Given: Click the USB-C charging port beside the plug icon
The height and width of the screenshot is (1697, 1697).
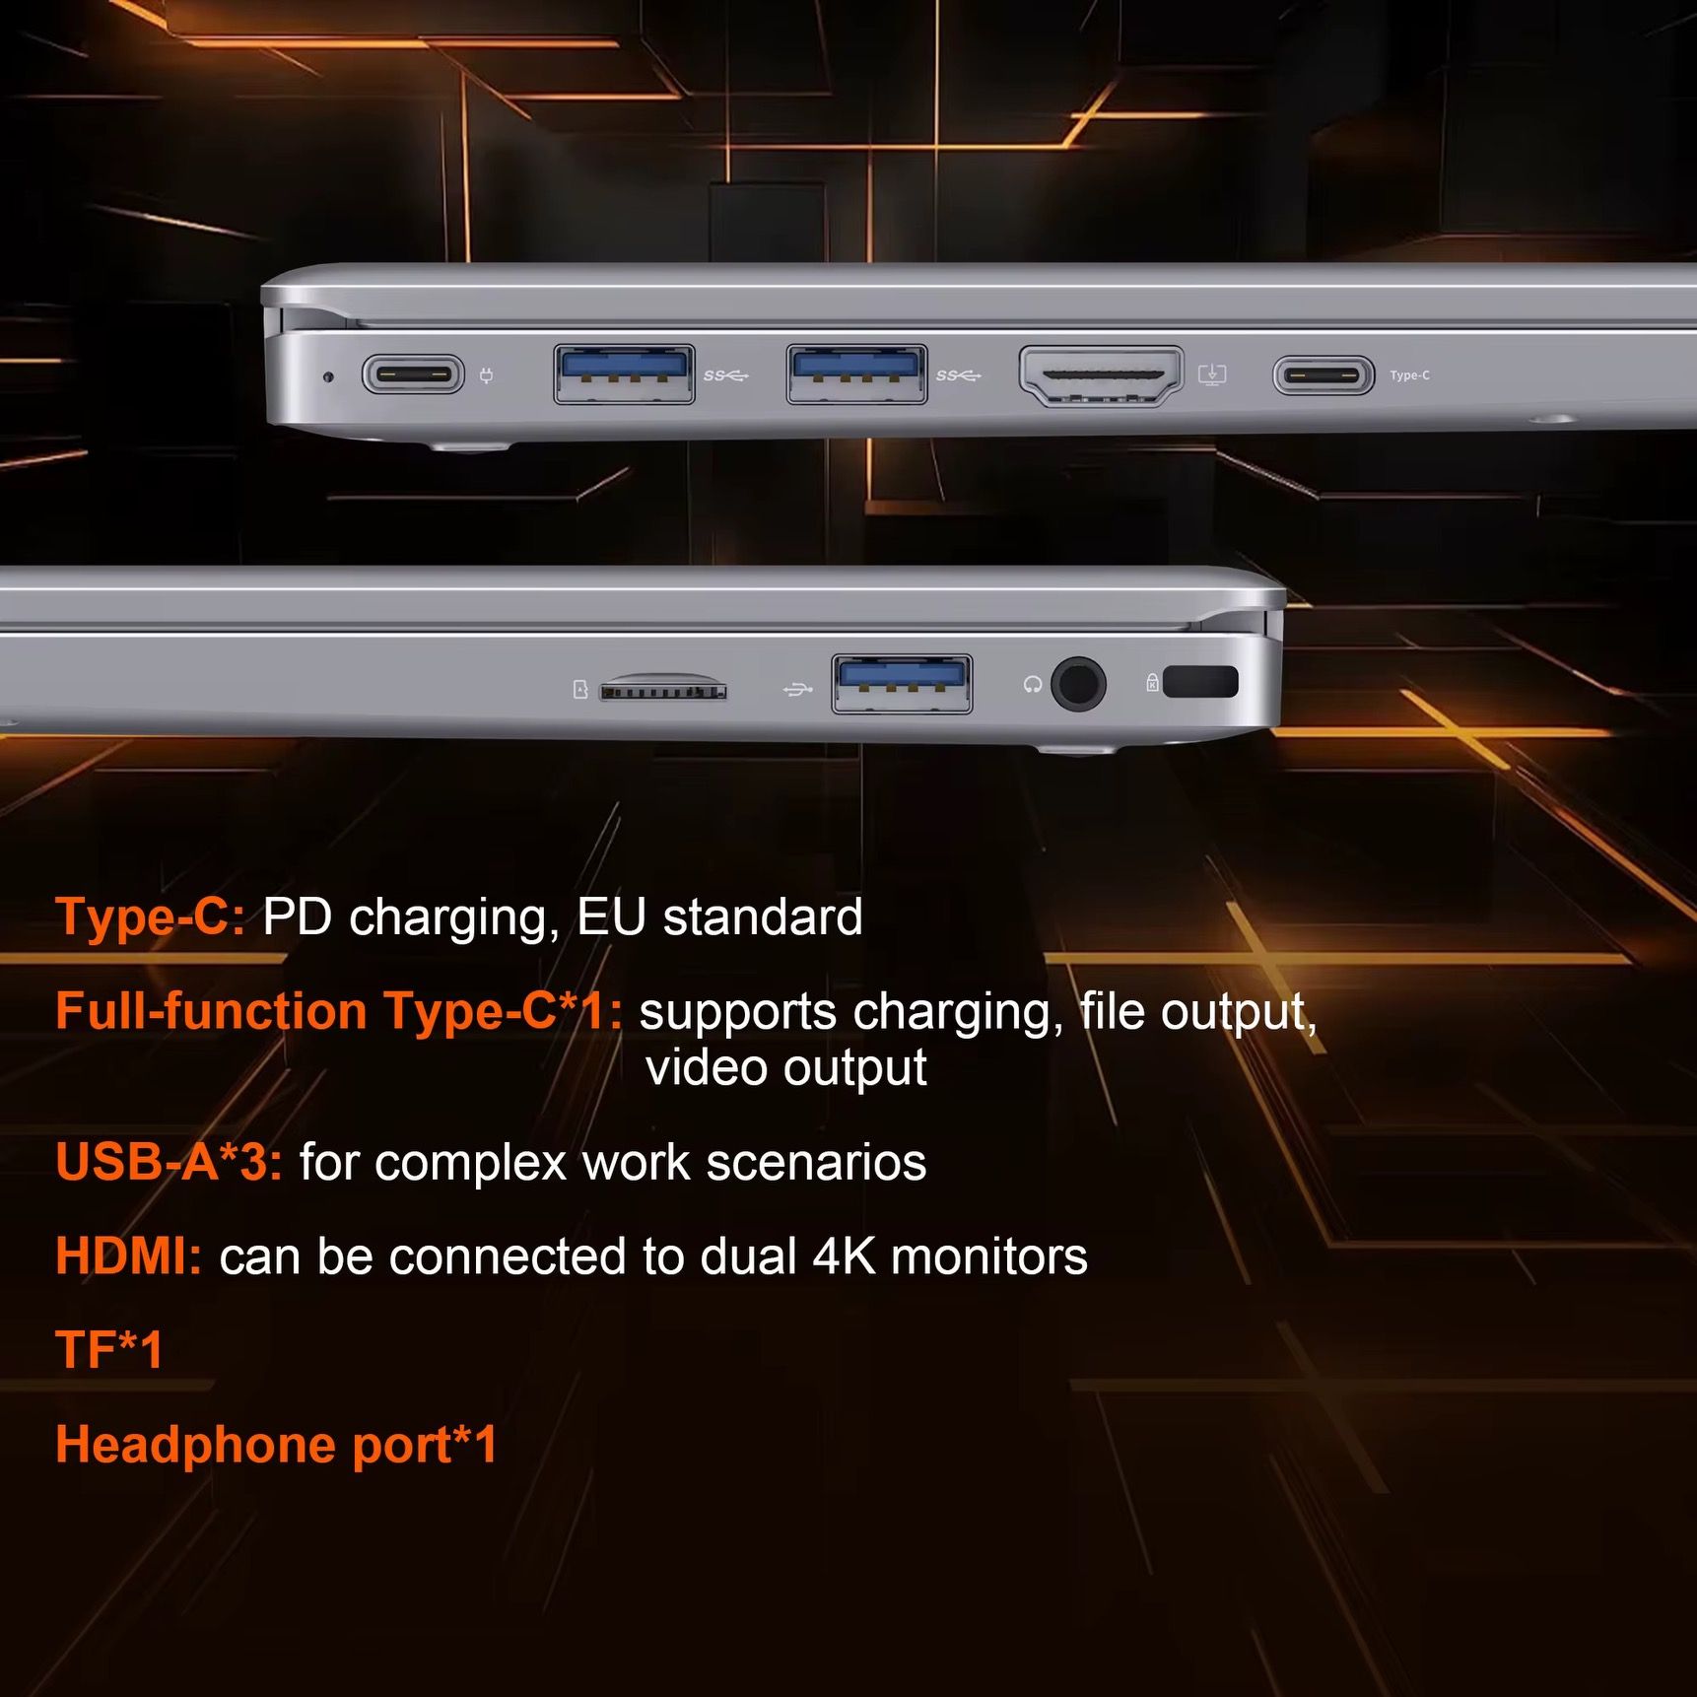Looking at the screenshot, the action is (413, 374).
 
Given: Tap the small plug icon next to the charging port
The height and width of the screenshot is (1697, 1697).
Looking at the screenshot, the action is (486, 375).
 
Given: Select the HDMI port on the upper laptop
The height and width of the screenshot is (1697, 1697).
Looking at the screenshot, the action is (1101, 375).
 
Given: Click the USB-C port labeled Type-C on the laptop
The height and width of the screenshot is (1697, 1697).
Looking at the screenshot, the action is (1324, 375).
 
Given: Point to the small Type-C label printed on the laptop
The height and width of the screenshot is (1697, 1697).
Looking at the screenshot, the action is (1409, 375).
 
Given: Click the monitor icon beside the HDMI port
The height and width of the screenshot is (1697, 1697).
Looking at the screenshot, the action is (1212, 374).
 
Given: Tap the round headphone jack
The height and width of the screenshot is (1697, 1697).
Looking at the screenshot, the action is (1078, 683).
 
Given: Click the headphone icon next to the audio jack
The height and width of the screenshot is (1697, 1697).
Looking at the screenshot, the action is (1033, 684).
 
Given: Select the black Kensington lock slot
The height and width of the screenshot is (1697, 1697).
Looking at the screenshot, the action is (1200, 682).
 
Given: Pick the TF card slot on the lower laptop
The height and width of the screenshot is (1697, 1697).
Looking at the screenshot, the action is (663, 687).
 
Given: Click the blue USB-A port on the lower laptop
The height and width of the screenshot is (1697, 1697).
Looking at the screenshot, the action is (902, 683).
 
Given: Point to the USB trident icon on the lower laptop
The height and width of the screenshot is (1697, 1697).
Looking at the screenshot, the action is (797, 689).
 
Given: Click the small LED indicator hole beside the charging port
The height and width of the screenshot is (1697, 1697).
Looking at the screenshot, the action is (329, 375).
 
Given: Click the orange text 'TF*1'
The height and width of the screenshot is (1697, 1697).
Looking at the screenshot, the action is (109, 1350).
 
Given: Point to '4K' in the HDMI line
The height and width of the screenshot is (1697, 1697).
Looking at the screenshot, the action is (844, 1256).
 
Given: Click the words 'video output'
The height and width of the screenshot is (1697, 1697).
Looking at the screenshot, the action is (786, 1068).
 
